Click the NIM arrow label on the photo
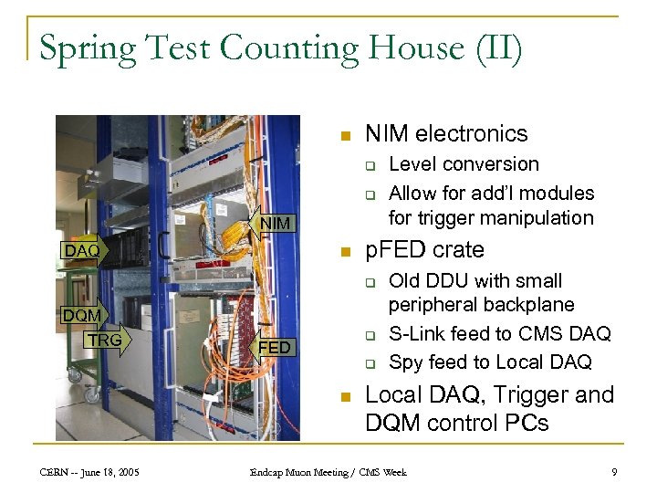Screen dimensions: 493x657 coord(275,223)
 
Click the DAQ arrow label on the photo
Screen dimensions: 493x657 coord(82,250)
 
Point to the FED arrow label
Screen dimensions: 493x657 coord(274,348)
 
